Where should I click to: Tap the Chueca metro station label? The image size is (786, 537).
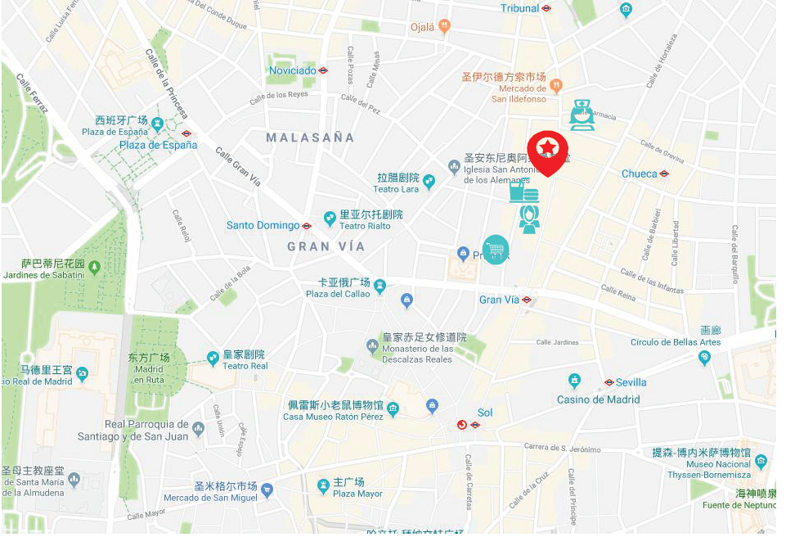coord(640,174)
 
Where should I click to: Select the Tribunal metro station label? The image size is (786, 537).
coord(520,8)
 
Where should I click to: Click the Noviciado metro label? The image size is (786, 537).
coord(293,70)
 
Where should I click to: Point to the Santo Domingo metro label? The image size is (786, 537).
coord(263,225)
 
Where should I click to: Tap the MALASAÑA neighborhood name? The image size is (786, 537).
coord(310,138)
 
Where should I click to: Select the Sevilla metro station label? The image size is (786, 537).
coord(631,382)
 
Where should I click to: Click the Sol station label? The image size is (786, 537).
coord(485,413)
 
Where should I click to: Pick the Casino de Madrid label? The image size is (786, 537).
coord(598,399)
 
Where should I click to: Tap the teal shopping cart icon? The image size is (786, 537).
coord(496,250)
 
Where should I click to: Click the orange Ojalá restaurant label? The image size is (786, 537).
coord(423,26)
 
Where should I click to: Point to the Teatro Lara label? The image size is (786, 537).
coord(397,189)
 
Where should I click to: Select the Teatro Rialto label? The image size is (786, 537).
coord(365,226)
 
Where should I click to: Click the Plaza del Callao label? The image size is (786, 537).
coord(338,294)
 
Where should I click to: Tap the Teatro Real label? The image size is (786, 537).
coord(245,366)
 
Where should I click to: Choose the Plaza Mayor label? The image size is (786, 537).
coord(357,494)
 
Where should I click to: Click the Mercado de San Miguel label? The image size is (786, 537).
coord(210,498)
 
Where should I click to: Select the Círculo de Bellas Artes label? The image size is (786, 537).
coord(675,341)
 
